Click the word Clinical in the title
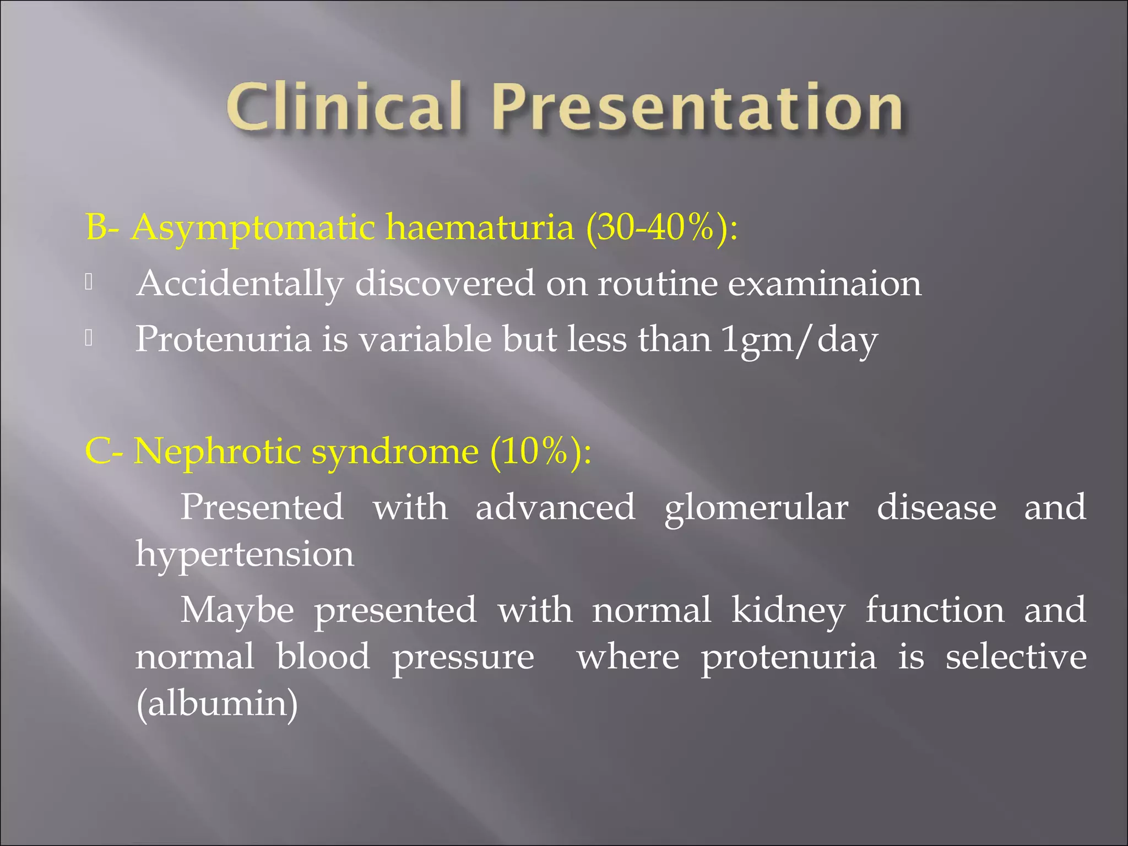click(344, 107)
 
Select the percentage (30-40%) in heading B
click(655, 227)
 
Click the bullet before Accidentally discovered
click(89, 283)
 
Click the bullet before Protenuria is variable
click(89, 339)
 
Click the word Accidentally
click(240, 284)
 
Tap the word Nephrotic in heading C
click(218, 451)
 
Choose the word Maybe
click(237, 610)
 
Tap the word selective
click(1016, 657)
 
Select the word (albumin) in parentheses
click(217, 704)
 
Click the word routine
click(658, 284)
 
